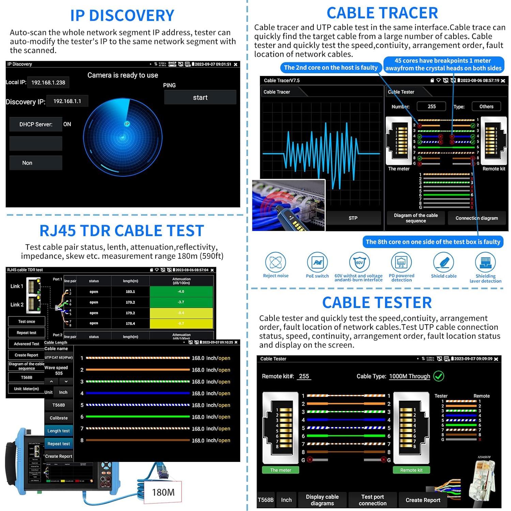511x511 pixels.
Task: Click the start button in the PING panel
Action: pos(200,97)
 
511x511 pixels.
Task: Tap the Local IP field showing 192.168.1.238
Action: pos(48,82)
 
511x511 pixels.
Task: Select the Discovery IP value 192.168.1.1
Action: pos(67,101)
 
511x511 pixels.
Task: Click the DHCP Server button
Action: pos(36,124)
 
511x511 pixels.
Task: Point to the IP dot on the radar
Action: pos(127,124)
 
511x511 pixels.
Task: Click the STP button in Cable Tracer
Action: pos(353,218)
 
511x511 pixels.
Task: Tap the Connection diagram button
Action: pos(477,218)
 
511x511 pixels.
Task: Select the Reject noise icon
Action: pos(276,263)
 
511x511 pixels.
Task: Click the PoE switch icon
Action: pos(317,263)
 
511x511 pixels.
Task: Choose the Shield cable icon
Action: pos(444,263)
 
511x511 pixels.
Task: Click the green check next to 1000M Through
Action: pos(438,376)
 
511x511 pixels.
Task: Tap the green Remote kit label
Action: pos(411,470)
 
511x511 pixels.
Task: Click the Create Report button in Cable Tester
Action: pos(423,500)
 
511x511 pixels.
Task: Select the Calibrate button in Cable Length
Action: pos(59,418)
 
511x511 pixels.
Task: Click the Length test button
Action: pos(59,431)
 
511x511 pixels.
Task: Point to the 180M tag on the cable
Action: pos(163,492)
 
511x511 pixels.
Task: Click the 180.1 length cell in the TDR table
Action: pos(130,292)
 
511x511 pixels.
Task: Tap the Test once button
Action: pos(27,322)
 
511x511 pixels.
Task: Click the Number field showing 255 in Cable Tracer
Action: pos(432,106)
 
